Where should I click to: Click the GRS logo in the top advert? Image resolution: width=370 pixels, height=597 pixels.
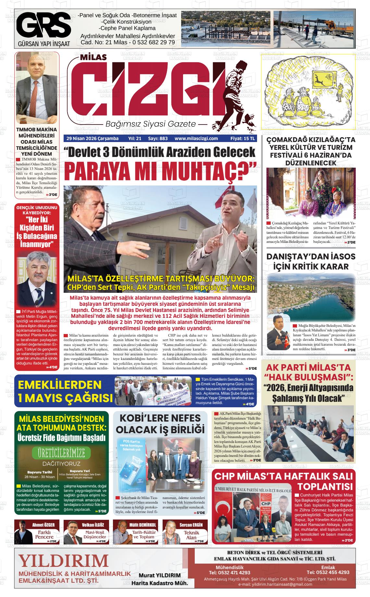[x=43, y=25]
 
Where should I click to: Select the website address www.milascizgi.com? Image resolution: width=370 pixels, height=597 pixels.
[x=196, y=138]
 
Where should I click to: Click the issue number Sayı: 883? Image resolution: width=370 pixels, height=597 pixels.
[x=158, y=138]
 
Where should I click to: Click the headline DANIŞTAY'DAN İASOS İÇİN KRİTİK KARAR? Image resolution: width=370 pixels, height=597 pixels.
[x=311, y=261]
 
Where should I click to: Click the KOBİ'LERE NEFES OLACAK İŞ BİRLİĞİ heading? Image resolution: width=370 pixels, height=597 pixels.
[x=160, y=424]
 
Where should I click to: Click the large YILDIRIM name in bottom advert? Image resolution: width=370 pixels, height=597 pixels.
[x=63, y=560]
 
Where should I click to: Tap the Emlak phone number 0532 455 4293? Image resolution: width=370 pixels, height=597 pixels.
[x=328, y=572]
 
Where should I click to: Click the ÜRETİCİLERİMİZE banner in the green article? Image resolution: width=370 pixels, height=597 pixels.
[x=61, y=452]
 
